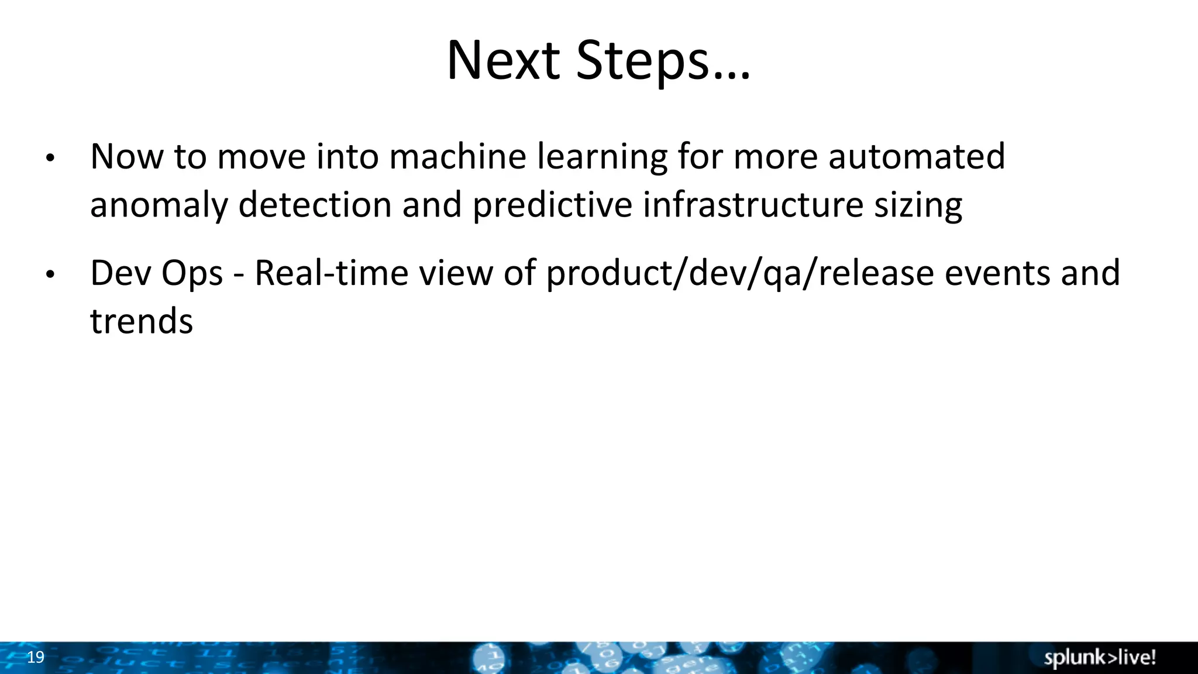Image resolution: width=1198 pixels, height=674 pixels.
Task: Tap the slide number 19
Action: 36,657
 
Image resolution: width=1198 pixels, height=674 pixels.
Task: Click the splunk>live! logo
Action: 1100,658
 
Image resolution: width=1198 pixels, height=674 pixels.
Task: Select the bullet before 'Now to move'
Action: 50,158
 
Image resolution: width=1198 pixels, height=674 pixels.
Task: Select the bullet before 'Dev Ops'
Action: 50,274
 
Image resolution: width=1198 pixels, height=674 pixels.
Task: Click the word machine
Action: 457,157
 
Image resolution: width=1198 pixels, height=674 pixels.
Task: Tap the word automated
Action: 917,157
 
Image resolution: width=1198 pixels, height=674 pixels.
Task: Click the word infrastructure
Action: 753,205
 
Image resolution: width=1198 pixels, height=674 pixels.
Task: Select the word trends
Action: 142,321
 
